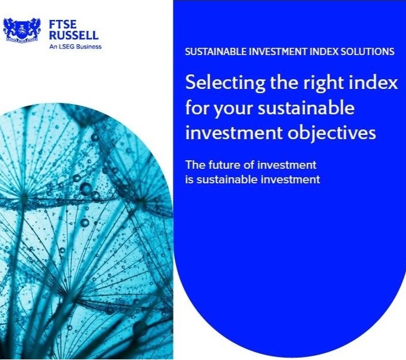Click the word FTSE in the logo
click(63, 24)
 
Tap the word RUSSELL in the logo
click(74, 35)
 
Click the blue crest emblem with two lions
click(22, 30)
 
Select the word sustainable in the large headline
click(306, 108)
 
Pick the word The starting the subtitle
click(195, 165)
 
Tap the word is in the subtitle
click(189, 180)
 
